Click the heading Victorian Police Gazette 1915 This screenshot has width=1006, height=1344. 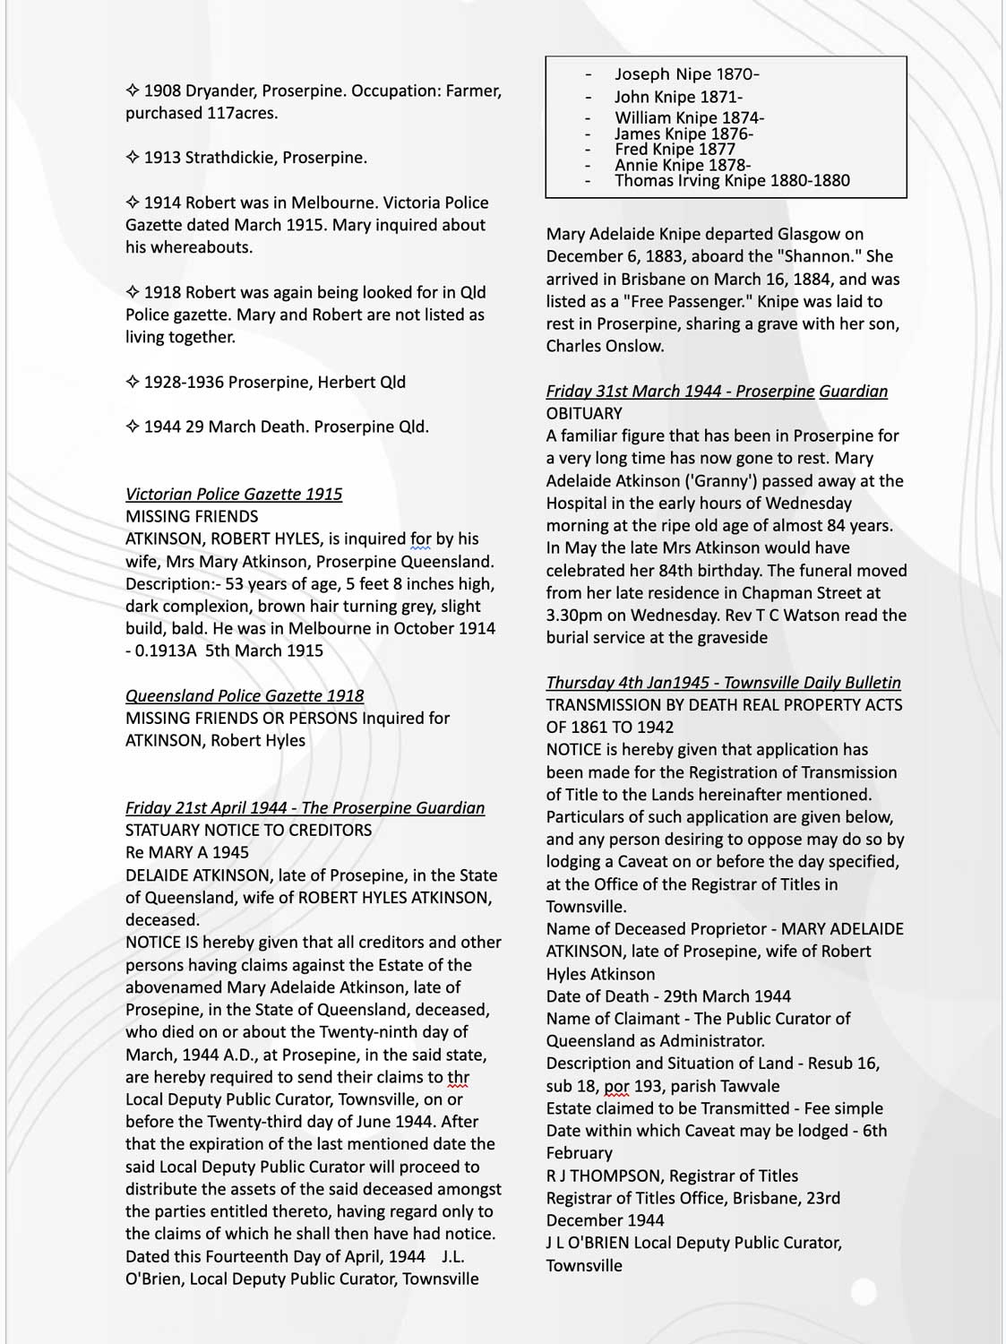233,494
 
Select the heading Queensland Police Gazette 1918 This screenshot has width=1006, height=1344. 245,695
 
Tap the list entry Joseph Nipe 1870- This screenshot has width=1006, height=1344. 686,74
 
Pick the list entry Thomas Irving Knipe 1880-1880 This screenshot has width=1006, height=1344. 732,180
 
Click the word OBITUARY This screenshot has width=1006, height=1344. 584,413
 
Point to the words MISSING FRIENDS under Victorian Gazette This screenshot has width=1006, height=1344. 192,516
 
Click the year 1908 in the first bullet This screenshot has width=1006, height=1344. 162,90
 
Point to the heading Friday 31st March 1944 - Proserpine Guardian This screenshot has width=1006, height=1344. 717,391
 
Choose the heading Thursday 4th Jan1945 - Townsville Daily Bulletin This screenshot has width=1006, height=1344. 723,682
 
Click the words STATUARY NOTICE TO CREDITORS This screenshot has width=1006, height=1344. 248,830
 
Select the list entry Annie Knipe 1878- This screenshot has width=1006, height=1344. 683,165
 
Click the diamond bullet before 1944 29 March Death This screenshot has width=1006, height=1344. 132,426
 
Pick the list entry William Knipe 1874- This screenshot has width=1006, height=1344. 689,117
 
